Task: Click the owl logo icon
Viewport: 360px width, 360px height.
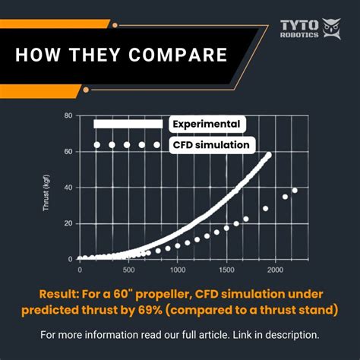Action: tap(331, 29)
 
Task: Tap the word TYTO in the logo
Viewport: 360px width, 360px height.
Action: tap(298, 23)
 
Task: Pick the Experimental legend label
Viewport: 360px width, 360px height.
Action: tap(206, 124)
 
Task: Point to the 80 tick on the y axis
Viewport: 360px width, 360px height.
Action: tap(68, 116)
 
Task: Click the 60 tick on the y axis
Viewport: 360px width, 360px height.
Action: tap(68, 152)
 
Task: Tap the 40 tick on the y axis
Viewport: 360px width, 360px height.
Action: tap(68, 188)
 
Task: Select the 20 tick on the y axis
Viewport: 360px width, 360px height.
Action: tap(68, 223)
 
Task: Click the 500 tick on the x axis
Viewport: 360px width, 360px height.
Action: tap(128, 269)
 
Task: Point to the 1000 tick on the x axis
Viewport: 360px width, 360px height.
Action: tap(178, 269)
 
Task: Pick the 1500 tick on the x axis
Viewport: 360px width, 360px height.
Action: tap(226, 269)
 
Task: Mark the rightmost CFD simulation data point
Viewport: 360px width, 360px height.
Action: tap(295, 191)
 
